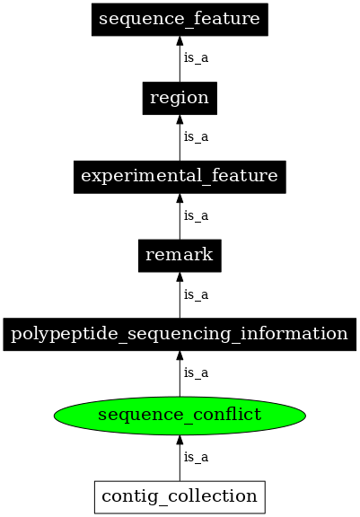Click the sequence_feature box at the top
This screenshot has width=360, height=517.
click(x=180, y=19)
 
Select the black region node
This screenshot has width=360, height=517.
click(x=180, y=98)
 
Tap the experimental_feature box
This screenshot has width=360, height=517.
click(x=180, y=176)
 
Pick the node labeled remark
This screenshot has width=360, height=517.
click(x=180, y=255)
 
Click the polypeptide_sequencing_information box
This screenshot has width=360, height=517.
click(x=180, y=334)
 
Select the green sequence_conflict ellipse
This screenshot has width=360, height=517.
click(x=180, y=414)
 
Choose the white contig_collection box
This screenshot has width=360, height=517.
click(x=180, y=495)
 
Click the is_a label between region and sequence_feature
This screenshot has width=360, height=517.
click(x=196, y=58)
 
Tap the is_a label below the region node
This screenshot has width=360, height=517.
click(x=196, y=137)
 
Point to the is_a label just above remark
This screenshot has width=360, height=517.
click(x=196, y=215)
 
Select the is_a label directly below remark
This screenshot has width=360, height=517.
click(x=196, y=294)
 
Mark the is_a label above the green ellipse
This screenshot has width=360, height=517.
click(x=196, y=372)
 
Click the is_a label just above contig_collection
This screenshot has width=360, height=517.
click(x=196, y=457)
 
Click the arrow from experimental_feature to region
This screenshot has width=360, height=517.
click(x=180, y=139)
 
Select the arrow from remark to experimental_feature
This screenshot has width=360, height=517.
click(x=180, y=218)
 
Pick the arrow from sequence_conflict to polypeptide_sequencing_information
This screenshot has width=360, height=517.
click(x=180, y=375)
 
